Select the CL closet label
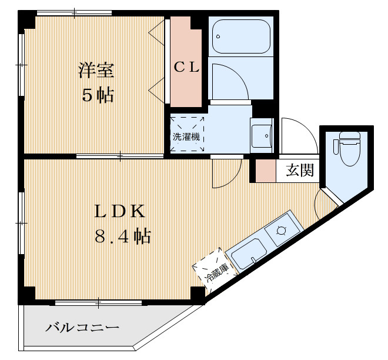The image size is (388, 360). tap(186, 67)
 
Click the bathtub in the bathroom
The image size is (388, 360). tap(239, 36)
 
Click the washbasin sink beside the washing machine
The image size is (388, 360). tap(261, 138)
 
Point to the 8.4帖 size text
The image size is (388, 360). tap(122, 236)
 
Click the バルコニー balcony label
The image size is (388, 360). tap(82, 328)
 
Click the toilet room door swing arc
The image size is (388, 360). tap(325, 203)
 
